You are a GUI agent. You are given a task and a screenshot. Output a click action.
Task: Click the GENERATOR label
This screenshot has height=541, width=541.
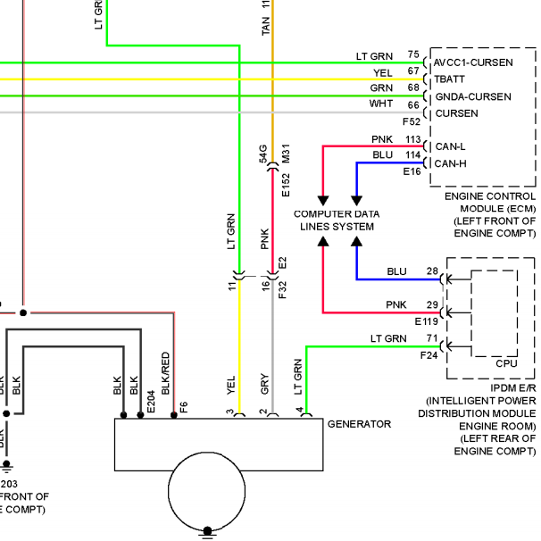(359, 424)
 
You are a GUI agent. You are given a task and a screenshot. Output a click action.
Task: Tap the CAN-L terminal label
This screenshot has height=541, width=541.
(450, 146)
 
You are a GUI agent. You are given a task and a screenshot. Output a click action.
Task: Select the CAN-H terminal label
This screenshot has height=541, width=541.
(450, 163)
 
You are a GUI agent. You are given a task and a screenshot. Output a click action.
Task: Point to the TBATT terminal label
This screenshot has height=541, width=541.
(449, 79)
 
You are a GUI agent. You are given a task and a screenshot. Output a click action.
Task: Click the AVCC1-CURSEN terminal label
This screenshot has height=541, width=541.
(473, 62)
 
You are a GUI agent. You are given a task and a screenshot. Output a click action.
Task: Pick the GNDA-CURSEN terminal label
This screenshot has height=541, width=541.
(473, 96)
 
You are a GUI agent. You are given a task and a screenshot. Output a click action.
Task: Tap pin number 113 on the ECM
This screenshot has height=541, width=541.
(413, 139)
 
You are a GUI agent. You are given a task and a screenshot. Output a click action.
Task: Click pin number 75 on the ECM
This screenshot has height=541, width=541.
(413, 54)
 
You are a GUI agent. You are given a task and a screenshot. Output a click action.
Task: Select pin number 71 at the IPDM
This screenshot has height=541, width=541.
(432, 338)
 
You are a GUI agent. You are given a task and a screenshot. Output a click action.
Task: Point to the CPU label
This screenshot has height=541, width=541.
(506, 363)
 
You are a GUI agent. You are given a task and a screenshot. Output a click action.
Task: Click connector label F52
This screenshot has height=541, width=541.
(412, 121)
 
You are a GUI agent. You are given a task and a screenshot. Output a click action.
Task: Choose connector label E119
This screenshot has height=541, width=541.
(426, 321)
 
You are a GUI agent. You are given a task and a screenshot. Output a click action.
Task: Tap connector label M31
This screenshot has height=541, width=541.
(286, 154)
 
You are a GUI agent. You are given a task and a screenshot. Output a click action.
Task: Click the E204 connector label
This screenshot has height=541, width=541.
(151, 402)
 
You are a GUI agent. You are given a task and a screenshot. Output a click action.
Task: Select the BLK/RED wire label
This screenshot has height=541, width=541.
(166, 373)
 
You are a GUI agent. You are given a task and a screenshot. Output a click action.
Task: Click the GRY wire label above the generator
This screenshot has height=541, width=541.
(264, 384)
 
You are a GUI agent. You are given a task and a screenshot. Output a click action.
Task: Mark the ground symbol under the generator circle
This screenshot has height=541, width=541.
(207, 533)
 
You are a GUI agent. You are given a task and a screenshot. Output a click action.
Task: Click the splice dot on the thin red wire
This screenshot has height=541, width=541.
(23, 313)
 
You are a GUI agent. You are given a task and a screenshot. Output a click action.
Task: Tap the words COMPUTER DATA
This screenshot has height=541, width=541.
(337, 214)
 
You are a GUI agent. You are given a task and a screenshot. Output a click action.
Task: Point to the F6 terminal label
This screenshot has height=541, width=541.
(184, 407)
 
